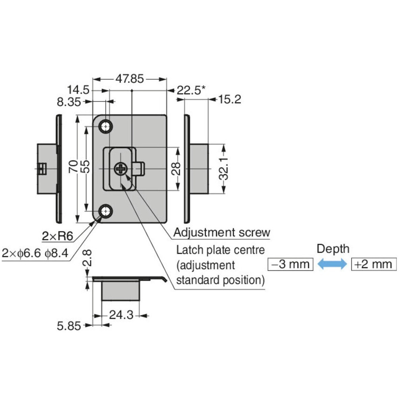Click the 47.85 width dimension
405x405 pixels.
coord(130,79)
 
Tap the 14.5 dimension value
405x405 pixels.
coord(78,90)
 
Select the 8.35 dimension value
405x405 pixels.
coord(69,102)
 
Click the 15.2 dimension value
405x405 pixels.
coord(230,100)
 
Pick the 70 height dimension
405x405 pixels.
coord(74,167)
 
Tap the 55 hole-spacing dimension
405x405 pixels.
coord(86,167)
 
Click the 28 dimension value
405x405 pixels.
coord(177,168)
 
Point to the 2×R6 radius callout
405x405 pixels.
coord(57,236)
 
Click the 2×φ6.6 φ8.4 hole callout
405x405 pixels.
coord(35,253)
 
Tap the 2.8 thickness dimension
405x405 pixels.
coord(87,258)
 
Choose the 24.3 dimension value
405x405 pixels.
coord(121,315)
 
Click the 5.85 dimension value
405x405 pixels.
coord(69,326)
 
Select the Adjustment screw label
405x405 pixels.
coord(222,233)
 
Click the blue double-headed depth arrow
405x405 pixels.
coord(332,264)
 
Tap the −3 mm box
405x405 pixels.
coord(291,264)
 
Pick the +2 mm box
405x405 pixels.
coord(374,264)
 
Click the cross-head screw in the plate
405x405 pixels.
coord(120,168)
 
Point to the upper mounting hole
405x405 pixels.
coord(106,127)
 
